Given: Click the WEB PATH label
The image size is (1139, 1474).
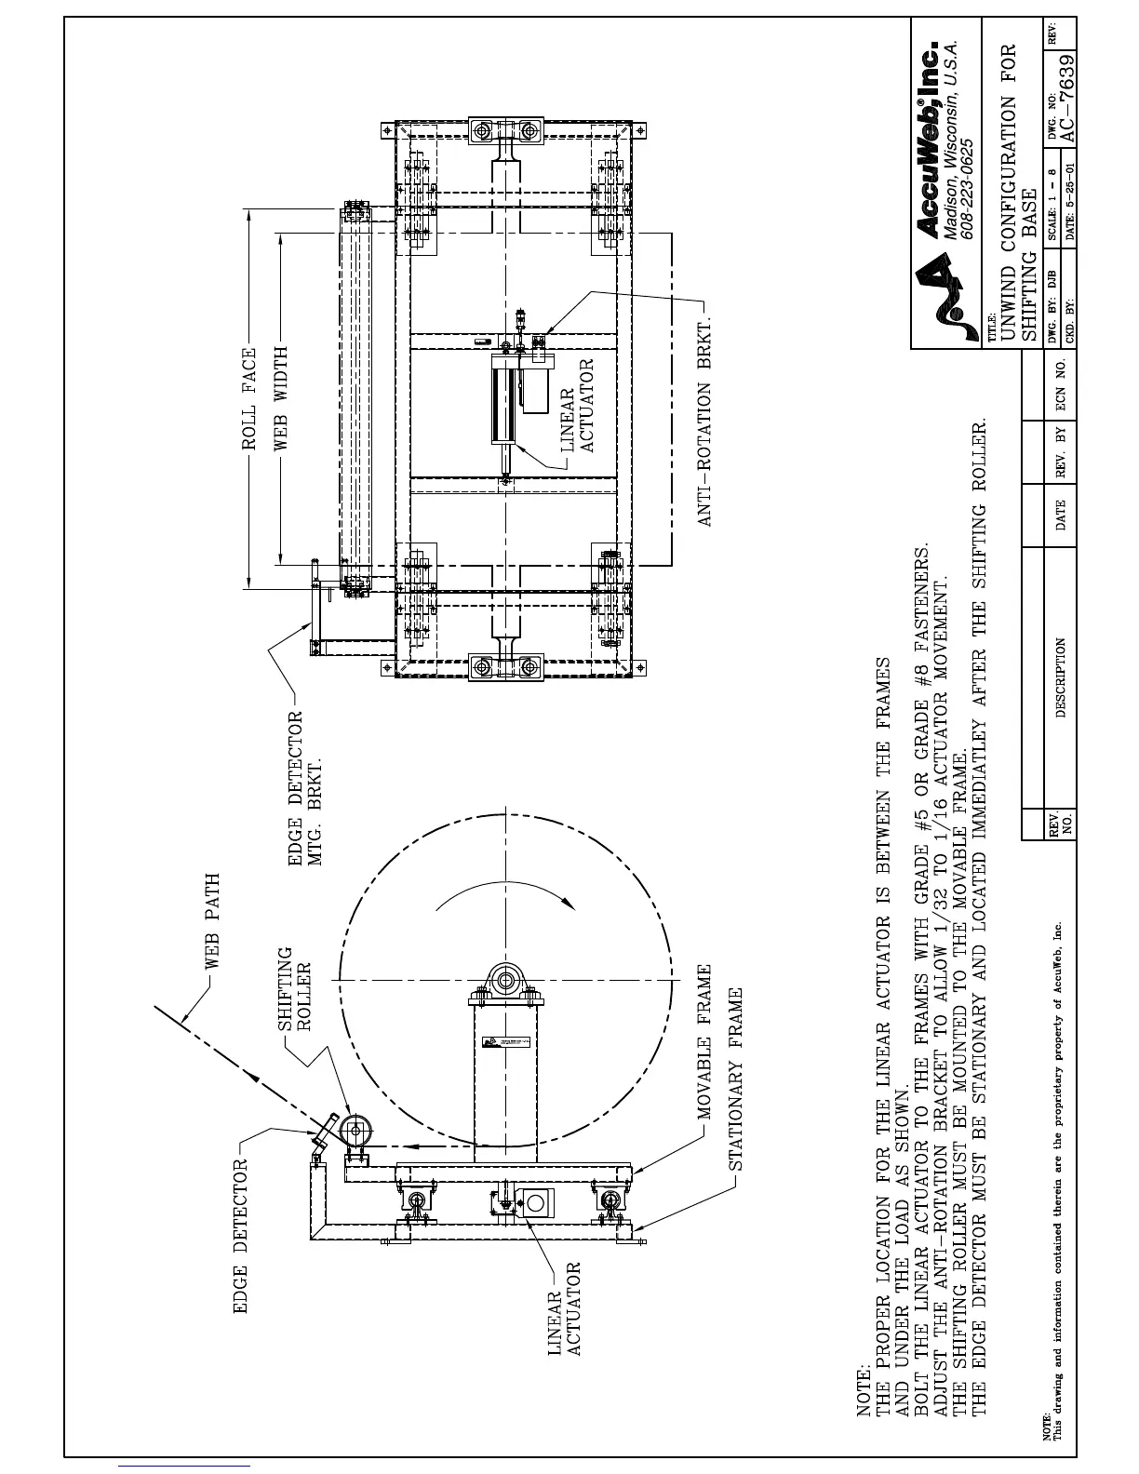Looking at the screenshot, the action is [x=212, y=921].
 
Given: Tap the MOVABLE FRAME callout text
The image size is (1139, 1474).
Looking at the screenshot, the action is [x=704, y=1040].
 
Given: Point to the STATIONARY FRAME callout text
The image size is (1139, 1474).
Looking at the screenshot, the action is [x=735, y=1079].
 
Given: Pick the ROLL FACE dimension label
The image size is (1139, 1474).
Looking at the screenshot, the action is [x=249, y=399].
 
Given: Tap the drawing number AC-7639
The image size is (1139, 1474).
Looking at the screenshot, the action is [x=1068, y=98].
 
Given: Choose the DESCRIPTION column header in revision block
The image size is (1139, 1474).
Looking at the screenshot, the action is [x=1060, y=677].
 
